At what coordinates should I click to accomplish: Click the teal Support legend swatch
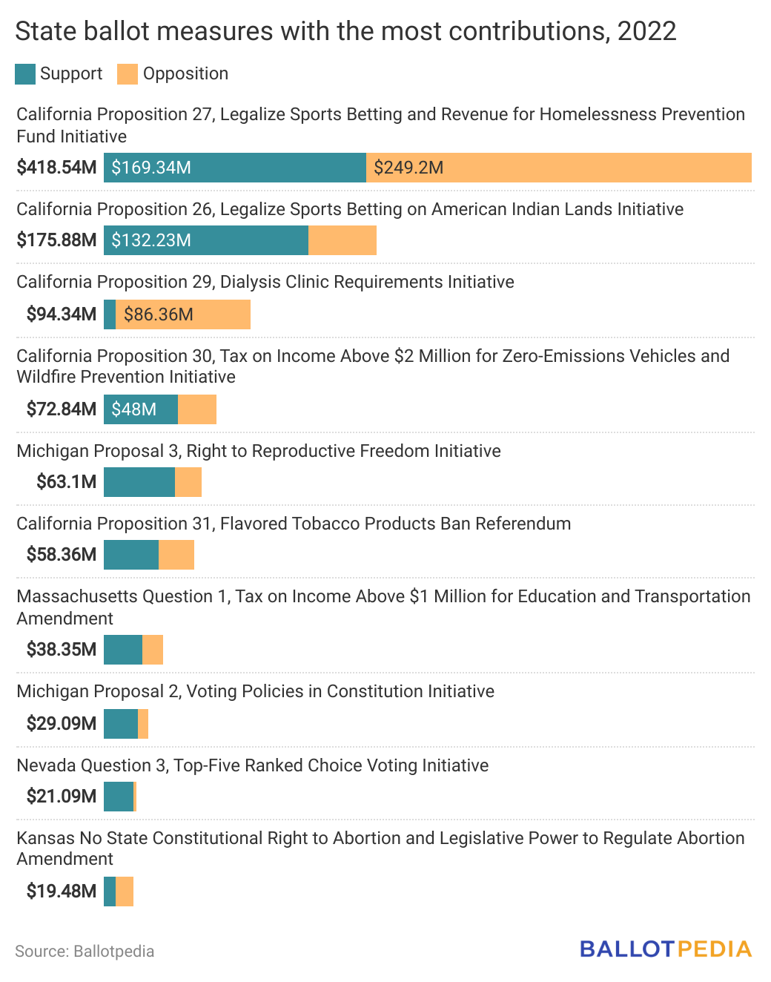(x=25, y=74)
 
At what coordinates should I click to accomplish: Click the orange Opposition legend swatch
(x=128, y=74)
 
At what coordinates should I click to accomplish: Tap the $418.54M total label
(x=57, y=168)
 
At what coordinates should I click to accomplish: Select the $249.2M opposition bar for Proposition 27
(x=558, y=168)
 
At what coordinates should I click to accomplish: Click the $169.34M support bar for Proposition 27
(x=234, y=168)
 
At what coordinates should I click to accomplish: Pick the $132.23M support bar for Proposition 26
(x=205, y=240)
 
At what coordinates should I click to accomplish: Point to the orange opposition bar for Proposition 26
(x=342, y=240)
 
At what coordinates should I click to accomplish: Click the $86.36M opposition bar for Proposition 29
(x=183, y=314)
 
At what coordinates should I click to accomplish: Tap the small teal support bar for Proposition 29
(x=110, y=314)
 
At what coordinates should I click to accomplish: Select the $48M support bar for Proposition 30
(x=141, y=409)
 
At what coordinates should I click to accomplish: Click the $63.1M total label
(x=67, y=482)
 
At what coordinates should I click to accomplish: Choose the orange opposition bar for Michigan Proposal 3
(x=188, y=482)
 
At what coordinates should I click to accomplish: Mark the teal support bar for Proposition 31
(x=131, y=555)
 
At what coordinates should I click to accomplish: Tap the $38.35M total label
(x=62, y=650)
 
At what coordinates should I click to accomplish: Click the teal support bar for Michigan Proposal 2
(x=121, y=724)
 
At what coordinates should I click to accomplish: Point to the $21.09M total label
(x=62, y=797)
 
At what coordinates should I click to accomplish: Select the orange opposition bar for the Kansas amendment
(x=125, y=892)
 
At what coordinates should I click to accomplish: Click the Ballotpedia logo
(x=666, y=949)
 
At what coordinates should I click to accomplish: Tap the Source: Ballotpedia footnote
(x=85, y=952)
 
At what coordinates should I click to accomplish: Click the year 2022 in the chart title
(x=646, y=31)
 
